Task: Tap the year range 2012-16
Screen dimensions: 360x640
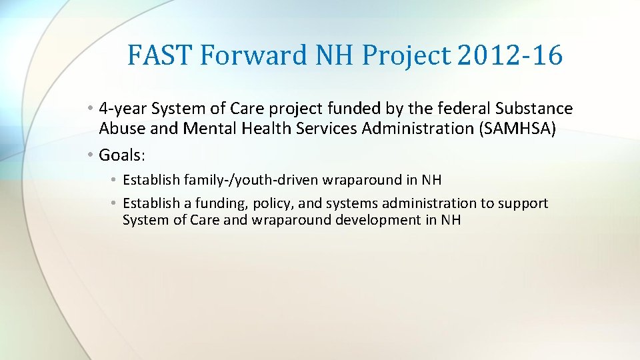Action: [x=510, y=55]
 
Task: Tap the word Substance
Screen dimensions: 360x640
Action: [x=536, y=108]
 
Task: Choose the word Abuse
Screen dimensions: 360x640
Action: [x=118, y=128]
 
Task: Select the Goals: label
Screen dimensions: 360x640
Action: [x=122, y=155]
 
